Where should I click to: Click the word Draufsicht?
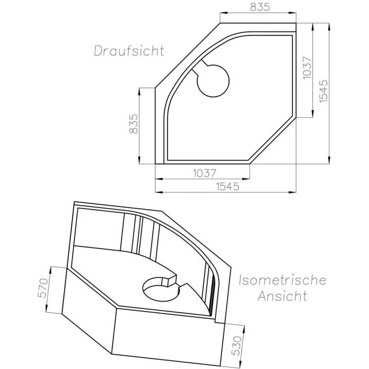[x=129, y=51]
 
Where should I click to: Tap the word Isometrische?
[x=282, y=280]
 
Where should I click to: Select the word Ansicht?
[x=282, y=296]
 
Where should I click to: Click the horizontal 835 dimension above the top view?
[x=260, y=7]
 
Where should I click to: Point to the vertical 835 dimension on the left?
[x=134, y=124]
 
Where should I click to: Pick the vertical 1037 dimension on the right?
[x=306, y=68]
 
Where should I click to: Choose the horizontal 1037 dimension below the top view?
[x=205, y=173]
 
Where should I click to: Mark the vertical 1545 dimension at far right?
[x=323, y=91]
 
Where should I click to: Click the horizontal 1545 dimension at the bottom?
[x=227, y=186]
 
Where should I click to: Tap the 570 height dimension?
[x=43, y=288]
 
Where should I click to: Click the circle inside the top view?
[x=213, y=80]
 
